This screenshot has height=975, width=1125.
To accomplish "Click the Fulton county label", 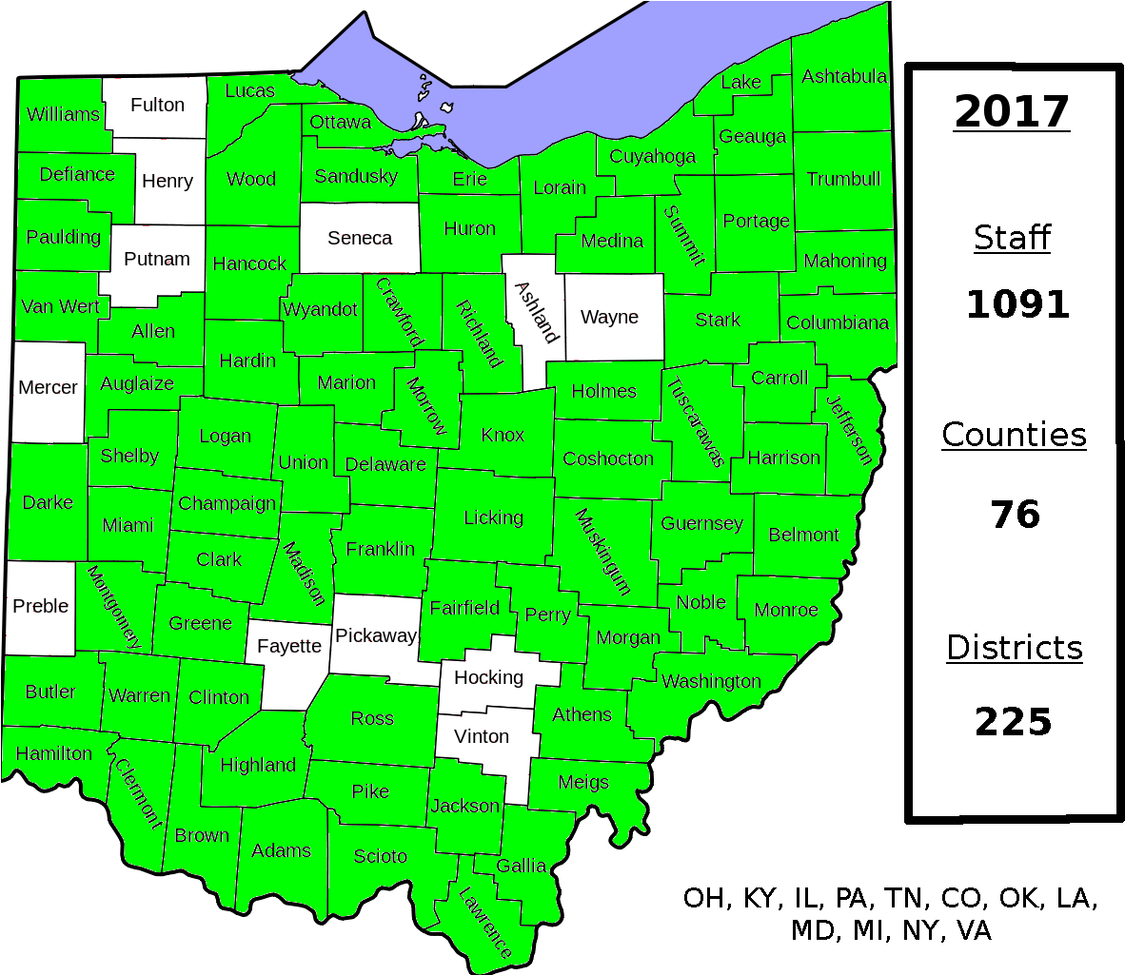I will [x=157, y=105].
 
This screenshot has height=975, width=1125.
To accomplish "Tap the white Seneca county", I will [x=360, y=238].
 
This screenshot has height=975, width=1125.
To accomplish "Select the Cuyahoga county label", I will [x=653, y=156].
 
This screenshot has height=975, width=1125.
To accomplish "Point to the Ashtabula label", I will [x=844, y=76].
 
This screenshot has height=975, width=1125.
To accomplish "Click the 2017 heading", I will [x=1012, y=111].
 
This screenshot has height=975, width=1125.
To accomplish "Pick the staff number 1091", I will [x=1017, y=304].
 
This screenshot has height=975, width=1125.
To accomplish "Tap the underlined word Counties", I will [x=1014, y=434].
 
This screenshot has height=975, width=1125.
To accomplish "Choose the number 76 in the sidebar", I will [x=1015, y=515].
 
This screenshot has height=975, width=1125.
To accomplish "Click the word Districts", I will [x=1015, y=647].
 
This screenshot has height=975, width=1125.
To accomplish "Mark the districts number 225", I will [x=1013, y=722].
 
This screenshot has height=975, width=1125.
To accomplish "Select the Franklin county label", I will [x=381, y=549].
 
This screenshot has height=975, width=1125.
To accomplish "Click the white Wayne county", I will [x=609, y=317].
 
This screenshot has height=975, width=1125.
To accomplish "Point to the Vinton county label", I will [x=482, y=736].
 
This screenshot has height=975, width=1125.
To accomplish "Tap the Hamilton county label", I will [x=54, y=753].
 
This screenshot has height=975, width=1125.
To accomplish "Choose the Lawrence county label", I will [x=485, y=922].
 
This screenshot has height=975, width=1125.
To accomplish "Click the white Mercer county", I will [x=48, y=387].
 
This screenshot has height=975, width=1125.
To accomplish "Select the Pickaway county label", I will [x=376, y=635].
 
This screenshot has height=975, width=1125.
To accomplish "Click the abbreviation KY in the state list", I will [x=759, y=898].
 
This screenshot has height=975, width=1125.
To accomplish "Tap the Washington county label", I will [x=711, y=681].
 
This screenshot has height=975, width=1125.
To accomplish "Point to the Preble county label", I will [x=41, y=606].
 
